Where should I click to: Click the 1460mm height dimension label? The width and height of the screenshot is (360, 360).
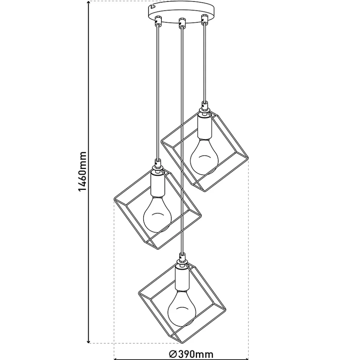(x=82, y=171)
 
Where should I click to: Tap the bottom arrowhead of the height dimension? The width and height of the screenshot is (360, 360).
(x=89, y=341)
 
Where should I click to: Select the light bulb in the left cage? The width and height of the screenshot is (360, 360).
(x=157, y=214)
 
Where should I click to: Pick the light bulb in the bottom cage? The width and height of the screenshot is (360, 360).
(x=182, y=308)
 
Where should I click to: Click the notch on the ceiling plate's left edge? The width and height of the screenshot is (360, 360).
(x=151, y=6)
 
